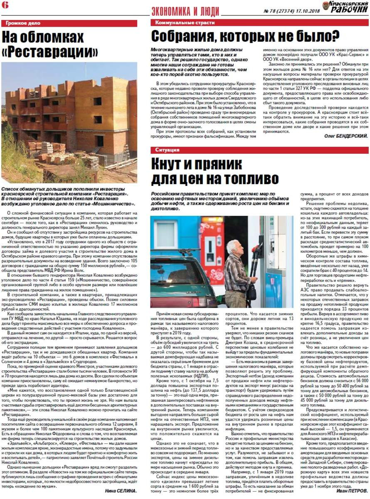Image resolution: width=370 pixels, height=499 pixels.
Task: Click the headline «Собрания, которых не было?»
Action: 245,37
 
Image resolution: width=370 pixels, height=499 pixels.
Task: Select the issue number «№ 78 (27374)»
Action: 279,12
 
